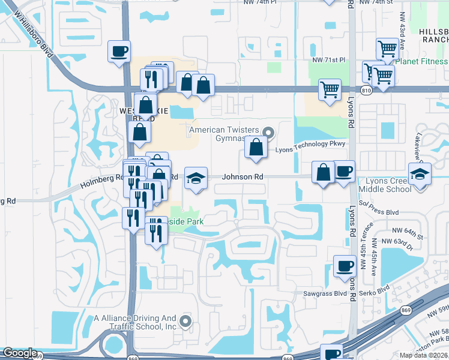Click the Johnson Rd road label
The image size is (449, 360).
tap(243, 177)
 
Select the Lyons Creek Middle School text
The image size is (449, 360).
tap(385, 185)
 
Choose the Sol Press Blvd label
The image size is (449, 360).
tap(379, 212)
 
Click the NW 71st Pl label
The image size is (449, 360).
tap(329, 60)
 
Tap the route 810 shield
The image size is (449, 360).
tap(366, 90)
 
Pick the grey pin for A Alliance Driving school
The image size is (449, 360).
tap(185, 322)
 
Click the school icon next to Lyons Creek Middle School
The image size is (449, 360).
tap(420, 174)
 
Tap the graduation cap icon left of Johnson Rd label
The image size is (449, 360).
tap(196, 178)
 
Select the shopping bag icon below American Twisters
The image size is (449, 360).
tap(256, 147)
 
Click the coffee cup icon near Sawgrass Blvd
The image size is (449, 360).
tap(345, 266)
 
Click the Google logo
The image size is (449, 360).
tap(20, 353)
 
